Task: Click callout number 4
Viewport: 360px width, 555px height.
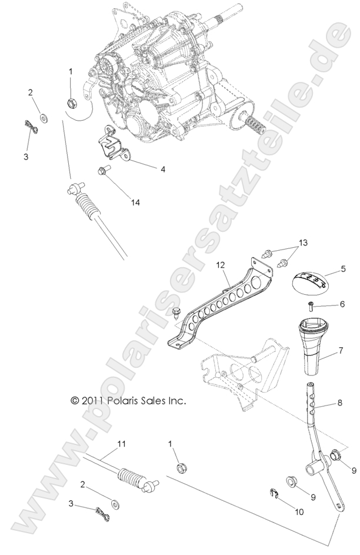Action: (163, 169)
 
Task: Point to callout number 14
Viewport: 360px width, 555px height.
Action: (136, 202)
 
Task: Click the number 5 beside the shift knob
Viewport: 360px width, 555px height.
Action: (344, 270)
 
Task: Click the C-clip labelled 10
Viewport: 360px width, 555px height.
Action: (274, 493)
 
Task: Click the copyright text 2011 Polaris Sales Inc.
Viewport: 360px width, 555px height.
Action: (128, 400)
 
